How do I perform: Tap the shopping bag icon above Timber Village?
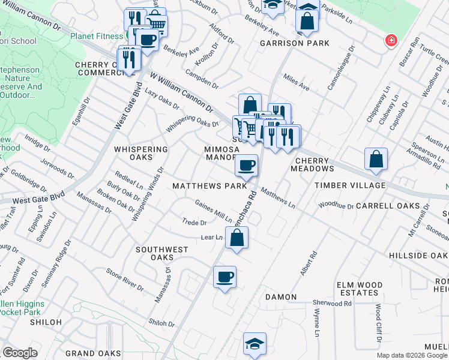(376, 159)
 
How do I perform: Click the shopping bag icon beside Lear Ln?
(237, 238)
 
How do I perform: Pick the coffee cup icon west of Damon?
(225, 277)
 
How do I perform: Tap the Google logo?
(20, 353)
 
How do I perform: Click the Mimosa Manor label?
(221, 153)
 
